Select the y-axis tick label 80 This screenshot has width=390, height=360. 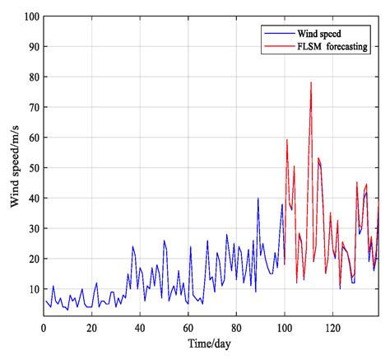[31, 77]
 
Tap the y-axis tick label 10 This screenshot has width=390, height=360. [31, 289]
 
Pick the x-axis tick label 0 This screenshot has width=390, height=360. [44, 327]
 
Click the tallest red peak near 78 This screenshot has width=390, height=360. [311, 82]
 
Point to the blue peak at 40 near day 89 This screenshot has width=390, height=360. [258, 199]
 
